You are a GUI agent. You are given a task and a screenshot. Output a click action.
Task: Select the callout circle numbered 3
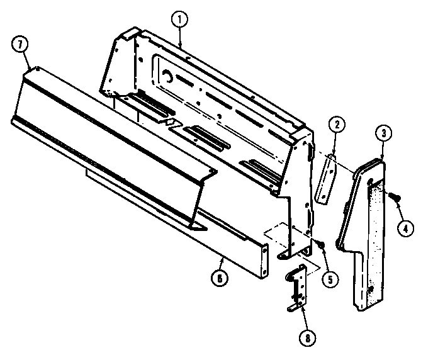[x=382, y=133]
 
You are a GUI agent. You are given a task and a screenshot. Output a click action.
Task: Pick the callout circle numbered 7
[x=20, y=45]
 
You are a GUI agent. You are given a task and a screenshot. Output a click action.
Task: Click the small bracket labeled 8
[x=297, y=286]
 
